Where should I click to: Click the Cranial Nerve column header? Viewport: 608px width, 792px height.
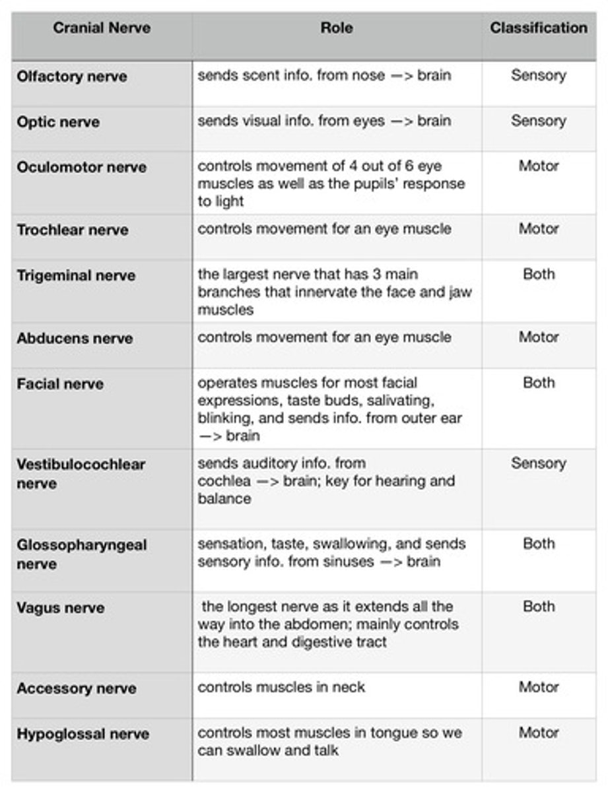pyautogui.click(x=102, y=28)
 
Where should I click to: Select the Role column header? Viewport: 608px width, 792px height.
pyautogui.click(x=336, y=28)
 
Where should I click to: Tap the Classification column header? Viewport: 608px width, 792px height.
pyautogui.click(x=538, y=28)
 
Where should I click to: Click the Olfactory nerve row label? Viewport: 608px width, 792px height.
pyautogui.click(x=72, y=76)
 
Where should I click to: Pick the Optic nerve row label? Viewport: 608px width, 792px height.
pyautogui.click(x=58, y=122)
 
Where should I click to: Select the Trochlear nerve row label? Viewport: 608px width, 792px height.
pyautogui.click(x=73, y=230)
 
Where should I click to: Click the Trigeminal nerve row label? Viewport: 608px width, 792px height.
pyautogui.click(x=76, y=275)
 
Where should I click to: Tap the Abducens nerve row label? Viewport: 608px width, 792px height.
pyautogui.click(x=75, y=339)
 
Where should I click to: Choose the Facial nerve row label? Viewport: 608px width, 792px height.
pyautogui.click(x=60, y=384)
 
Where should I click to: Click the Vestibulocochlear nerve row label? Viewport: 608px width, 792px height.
pyautogui.click(x=81, y=473)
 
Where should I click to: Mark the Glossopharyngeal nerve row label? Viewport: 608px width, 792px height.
pyautogui.click(x=82, y=554)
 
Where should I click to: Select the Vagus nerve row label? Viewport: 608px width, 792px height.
pyautogui.click(x=61, y=608)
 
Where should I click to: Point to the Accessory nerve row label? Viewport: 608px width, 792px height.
pyautogui.click(x=77, y=688)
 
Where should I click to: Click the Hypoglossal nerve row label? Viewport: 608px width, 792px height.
pyautogui.click(x=83, y=734)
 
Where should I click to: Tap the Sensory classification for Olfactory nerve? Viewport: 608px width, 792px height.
pyautogui.click(x=538, y=75)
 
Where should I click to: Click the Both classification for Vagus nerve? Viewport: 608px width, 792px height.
pyautogui.click(x=538, y=607)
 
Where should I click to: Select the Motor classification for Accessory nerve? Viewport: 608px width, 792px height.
pyautogui.click(x=538, y=687)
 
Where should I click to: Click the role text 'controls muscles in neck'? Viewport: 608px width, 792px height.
pyautogui.click(x=281, y=687)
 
